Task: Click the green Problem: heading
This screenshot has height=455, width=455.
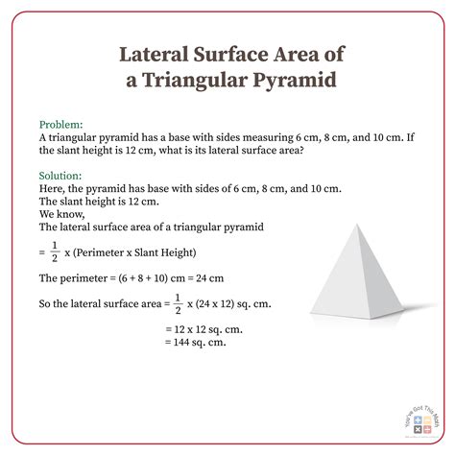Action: click(60, 125)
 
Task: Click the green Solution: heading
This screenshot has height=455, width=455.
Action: click(60, 177)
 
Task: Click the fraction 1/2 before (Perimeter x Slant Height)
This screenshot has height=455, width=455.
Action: click(56, 252)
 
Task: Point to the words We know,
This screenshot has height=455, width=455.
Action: click(60, 215)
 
